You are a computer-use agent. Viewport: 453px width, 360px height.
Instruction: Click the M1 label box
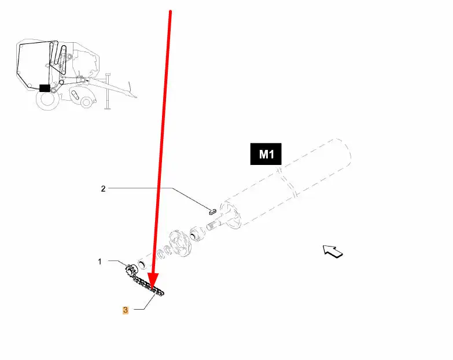[266, 155]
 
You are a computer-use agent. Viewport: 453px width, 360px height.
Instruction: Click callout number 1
[100, 262]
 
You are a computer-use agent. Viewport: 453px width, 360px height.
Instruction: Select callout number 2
[103, 188]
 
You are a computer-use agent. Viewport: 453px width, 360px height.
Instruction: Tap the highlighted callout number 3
[126, 310]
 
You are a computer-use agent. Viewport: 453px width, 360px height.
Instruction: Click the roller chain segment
[148, 286]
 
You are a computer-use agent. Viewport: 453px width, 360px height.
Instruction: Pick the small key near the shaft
[211, 211]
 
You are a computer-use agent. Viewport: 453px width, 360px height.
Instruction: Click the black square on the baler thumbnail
[44, 89]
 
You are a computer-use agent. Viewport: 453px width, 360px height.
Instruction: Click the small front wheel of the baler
[86, 102]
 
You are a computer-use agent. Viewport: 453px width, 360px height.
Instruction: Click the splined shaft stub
[215, 226]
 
